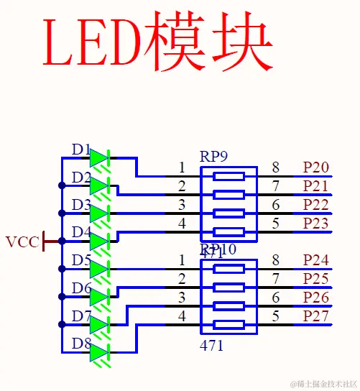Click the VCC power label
click(22, 241)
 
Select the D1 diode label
click(80, 150)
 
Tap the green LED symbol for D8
click(99, 351)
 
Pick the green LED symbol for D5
click(99, 269)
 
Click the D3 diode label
click(80, 206)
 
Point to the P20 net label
click(315, 168)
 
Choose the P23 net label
click(315, 224)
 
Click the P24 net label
click(315, 259)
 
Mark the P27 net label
click(315, 316)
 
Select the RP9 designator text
click(213, 156)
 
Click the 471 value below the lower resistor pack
click(213, 346)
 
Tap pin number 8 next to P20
click(275, 168)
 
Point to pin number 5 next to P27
click(275, 316)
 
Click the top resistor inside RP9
click(229, 176)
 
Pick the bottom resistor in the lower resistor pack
click(229, 324)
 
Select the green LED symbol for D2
click(99, 185)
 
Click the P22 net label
click(315, 205)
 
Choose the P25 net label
click(315, 278)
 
